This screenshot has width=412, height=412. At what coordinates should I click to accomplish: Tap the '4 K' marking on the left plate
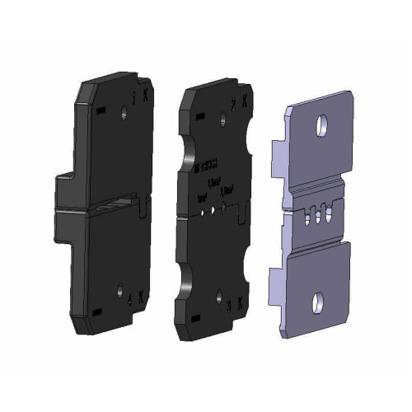pos(133,295)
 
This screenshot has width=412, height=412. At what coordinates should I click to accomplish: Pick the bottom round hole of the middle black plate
pos(218,294)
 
